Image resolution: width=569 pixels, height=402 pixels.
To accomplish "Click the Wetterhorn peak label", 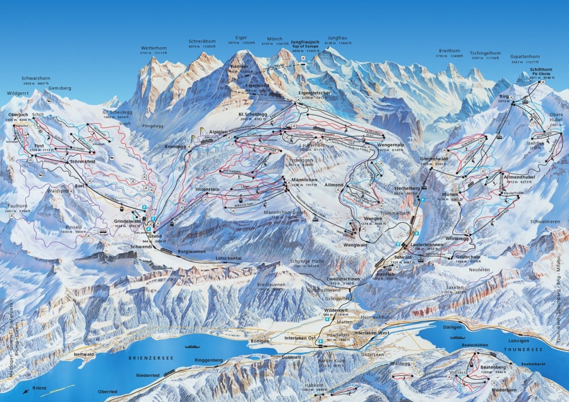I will coord(154,48).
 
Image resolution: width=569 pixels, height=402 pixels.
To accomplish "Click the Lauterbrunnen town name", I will coord(427,244).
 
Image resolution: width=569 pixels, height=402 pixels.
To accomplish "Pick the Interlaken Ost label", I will coord(300,337).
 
